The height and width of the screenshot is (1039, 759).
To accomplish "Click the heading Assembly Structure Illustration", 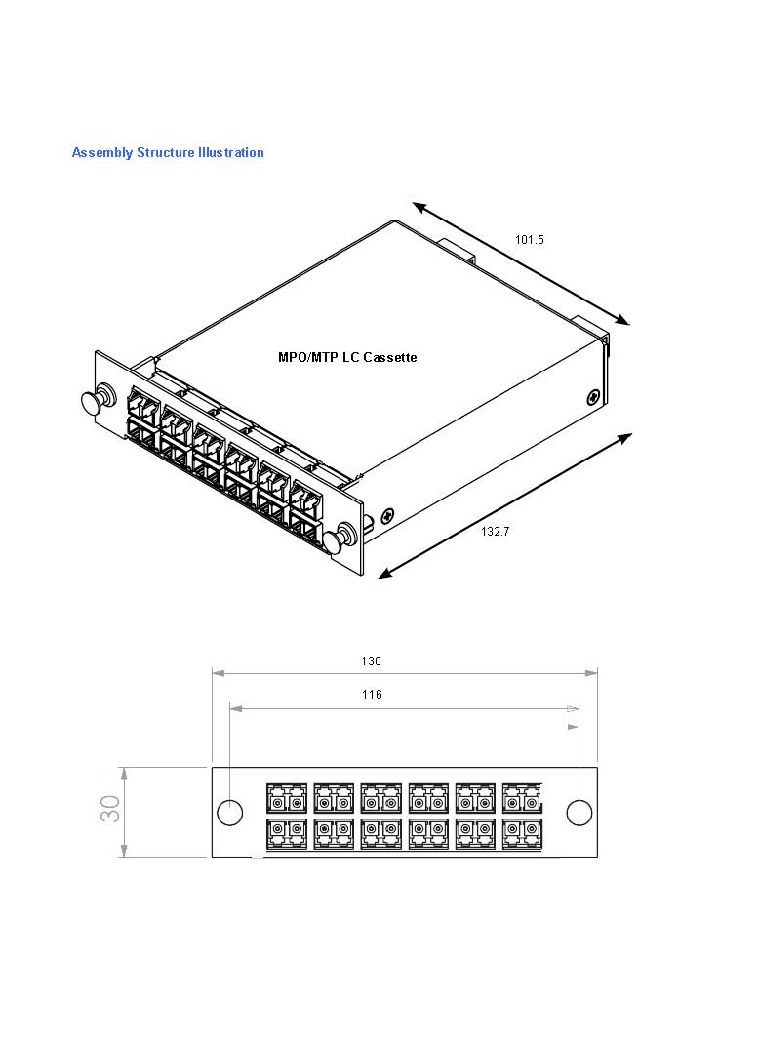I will [168, 152].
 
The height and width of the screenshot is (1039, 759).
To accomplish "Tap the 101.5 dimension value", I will [530, 239].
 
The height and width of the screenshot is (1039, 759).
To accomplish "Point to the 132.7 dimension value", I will [495, 532].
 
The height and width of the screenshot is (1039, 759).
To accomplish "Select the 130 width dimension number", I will [371, 661].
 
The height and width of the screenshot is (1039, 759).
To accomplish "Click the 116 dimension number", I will [371, 695].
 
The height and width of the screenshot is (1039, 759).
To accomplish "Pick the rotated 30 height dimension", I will [111, 809].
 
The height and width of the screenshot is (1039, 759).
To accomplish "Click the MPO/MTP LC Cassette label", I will [347, 358].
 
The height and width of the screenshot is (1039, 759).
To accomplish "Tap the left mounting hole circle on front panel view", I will [229, 812].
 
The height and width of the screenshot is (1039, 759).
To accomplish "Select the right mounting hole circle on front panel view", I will [579, 812].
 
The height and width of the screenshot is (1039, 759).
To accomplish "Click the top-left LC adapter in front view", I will [286, 798].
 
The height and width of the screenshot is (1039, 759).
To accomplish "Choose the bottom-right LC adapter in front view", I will [521, 834].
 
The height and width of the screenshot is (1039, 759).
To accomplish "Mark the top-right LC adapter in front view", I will [521, 798].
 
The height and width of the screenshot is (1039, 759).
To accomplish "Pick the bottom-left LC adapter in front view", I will [286, 834].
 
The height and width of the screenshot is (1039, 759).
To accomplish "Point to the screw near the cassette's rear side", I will [593, 397].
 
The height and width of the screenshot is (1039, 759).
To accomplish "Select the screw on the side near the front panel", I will [388, 514].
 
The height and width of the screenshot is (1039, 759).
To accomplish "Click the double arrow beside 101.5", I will [521, 263].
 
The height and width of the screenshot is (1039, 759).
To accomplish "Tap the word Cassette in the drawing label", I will [390, 358].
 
